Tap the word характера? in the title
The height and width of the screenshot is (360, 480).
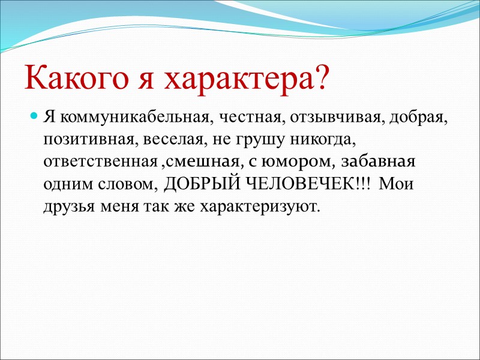click(x=247, y=78)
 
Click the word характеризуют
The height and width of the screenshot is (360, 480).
click(x=261, y=208)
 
